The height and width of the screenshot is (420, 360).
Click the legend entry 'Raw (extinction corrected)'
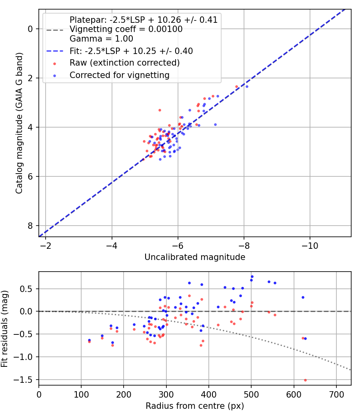124,63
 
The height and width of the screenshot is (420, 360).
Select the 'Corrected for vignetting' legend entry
119,75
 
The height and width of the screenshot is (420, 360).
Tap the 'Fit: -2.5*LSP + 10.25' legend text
131,51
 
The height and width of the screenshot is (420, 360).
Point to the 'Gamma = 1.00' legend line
101,39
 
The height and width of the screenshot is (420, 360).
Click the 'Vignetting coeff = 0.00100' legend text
126,29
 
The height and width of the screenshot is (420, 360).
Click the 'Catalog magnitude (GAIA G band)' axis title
19,123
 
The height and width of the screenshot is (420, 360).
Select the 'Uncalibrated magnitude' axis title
195,257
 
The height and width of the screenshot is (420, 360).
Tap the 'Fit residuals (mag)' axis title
4,328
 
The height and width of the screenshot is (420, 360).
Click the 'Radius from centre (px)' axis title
195,406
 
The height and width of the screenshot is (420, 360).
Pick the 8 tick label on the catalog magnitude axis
30,226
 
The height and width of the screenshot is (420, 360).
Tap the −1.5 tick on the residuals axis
26,380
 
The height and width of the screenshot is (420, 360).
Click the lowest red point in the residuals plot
305,380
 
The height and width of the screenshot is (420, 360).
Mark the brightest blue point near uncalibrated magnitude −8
247,86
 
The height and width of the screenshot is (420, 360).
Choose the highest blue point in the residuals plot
252,276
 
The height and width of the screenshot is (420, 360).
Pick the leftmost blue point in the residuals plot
89,340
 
